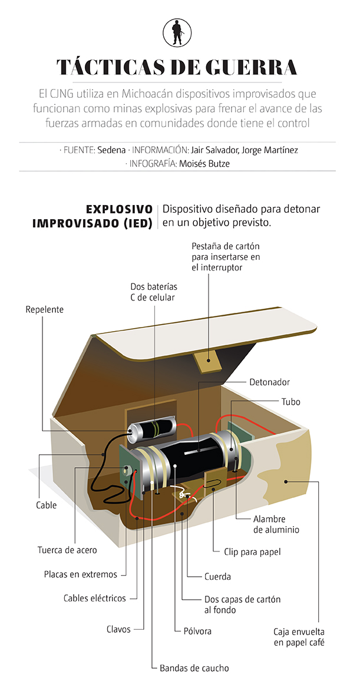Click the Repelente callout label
(x=44, y=309)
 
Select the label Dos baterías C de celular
(x=153, y=292)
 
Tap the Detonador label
(x=270, y=382)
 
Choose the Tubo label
(x=290, y=402)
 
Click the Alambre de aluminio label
(x=276, y=524)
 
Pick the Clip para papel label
(x=252, y=552)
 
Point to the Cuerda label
(x=217, y=576)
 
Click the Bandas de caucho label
(x=194, y=668)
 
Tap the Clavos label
(x=118, y=629)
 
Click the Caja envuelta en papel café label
(x=299, y=637)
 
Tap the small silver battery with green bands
(x=151, y=430)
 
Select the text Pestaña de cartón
(x=226, y=246)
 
